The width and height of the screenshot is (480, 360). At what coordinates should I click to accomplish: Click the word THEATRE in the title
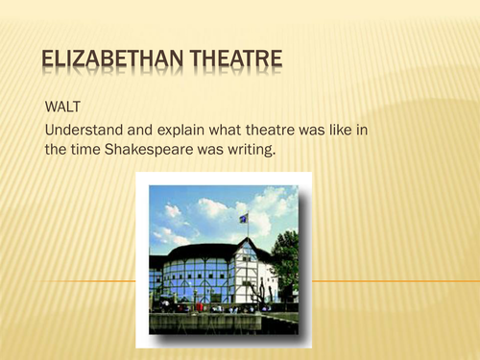pos(226,62)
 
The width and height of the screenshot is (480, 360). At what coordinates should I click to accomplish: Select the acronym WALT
pos(64,103)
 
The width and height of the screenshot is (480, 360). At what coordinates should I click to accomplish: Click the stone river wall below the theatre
pos(221,322)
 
